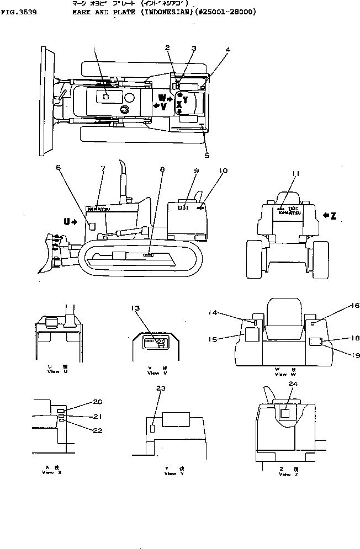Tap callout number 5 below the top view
(207, 156)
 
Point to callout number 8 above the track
(161, 170)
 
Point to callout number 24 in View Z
(292, 384)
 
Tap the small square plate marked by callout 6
(93, 226)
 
